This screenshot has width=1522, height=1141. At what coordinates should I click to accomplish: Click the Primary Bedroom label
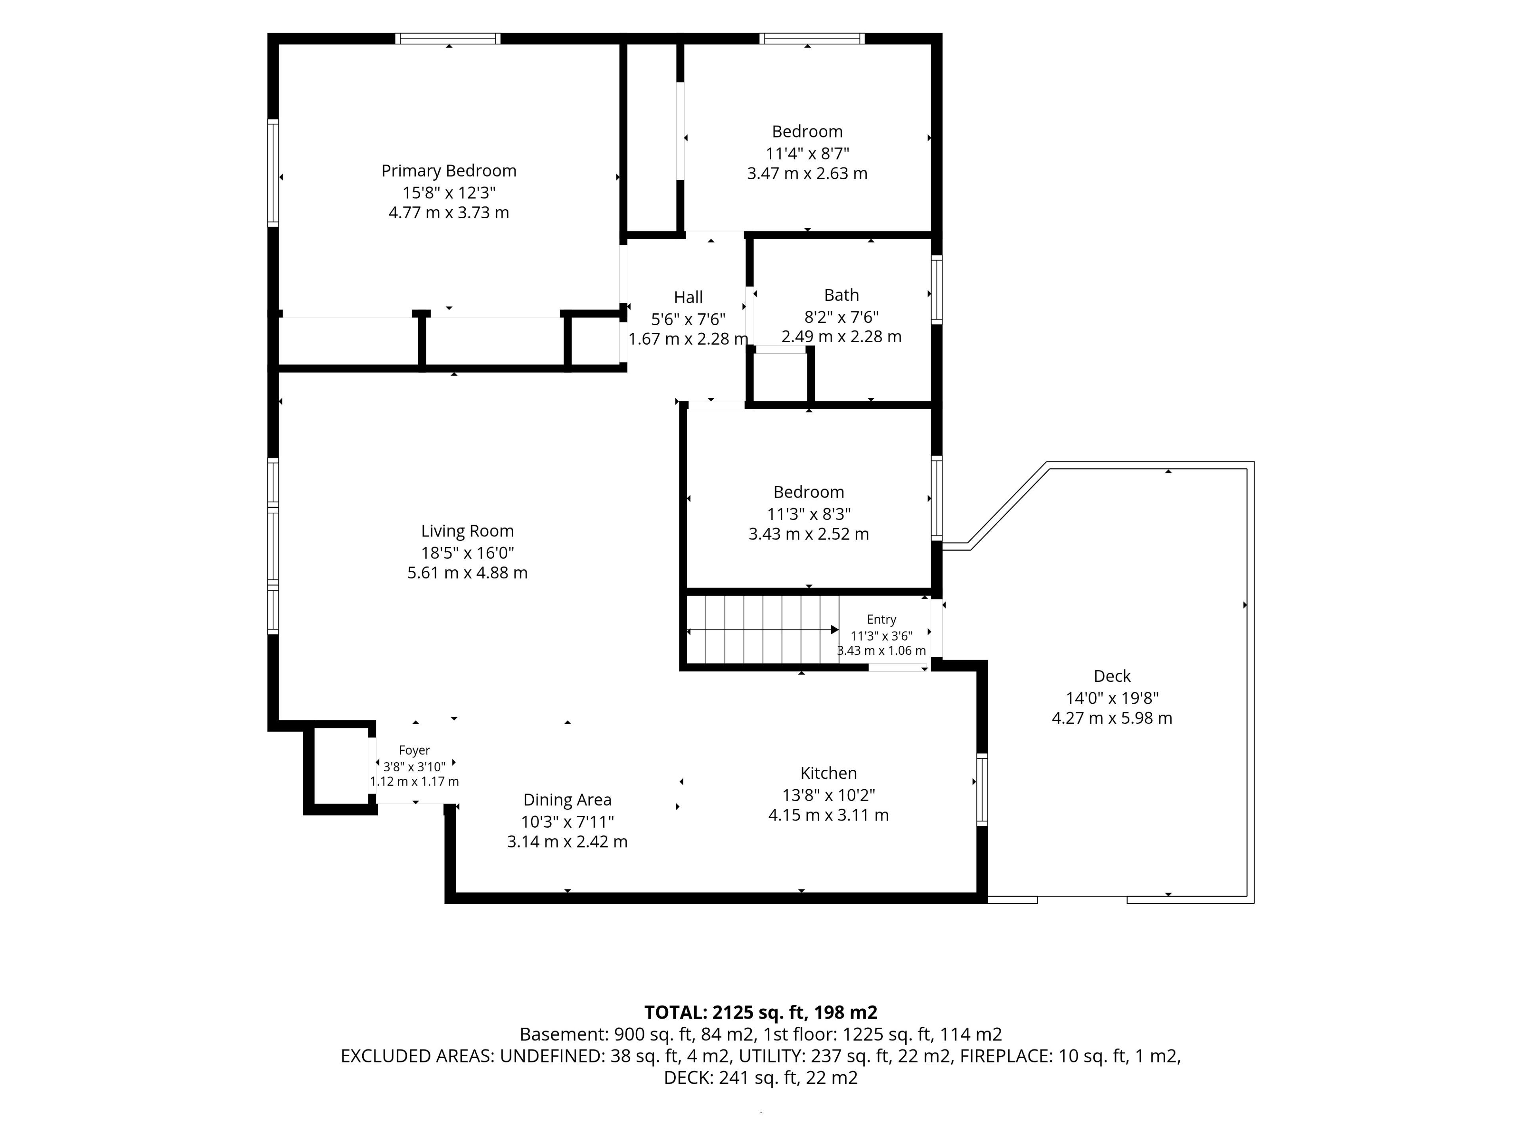click(x=449, y=171)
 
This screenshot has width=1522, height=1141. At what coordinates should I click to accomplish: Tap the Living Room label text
click(x=467, y=531)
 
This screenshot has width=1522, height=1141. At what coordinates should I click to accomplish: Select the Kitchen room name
click(x=828, y=773)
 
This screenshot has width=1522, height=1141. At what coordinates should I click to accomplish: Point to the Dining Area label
click(x=567, y=800)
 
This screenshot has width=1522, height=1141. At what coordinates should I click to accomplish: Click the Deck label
click(x=1112, y=676)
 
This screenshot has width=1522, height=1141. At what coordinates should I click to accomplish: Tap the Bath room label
click(x=841, y=295)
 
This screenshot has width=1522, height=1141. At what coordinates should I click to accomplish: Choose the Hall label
click(x=688, y=297)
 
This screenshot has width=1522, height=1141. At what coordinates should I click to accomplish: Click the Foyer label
click(x=414, y=750)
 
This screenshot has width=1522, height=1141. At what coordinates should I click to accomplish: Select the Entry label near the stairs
click(x=881, y=620)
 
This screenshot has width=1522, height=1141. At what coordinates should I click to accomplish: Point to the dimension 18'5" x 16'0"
click(x=467, y=552)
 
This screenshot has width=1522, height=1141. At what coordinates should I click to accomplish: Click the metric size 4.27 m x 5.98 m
click(x=1112, y=718)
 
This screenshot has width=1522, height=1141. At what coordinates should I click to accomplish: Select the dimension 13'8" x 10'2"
click(x=828, y=795)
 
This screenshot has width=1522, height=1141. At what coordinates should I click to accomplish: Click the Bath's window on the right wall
click(x=937, y=290)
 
